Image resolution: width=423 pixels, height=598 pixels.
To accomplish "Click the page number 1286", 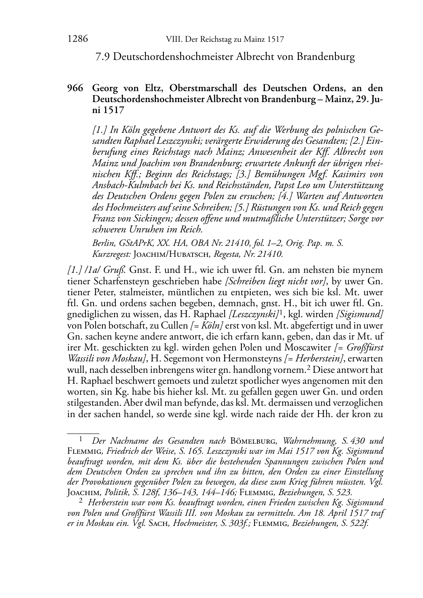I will [78, 39].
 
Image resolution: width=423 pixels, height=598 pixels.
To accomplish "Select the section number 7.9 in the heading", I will [103, 57].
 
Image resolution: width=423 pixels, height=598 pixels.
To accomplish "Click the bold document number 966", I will [75, 88].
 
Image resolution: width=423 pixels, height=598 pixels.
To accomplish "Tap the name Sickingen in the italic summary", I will [151, 218].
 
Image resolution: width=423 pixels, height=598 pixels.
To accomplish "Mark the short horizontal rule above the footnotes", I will [83, 433].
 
